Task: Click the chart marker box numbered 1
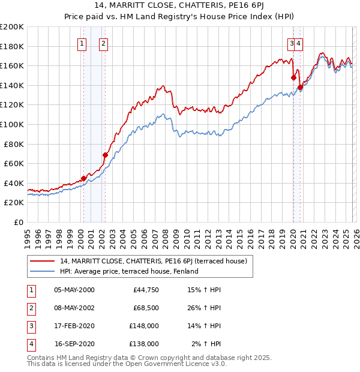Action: click(82, 43)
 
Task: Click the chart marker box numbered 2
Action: click(104, 43)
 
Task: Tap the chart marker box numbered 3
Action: click(291, 43)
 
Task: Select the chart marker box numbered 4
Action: click(298, 43)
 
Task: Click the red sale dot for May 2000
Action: click(83, 178)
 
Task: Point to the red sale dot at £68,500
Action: click(105, 155)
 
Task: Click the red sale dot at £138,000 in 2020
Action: click(300, 87)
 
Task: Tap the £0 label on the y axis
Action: click(18, 222)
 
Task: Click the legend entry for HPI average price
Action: click(129, 271)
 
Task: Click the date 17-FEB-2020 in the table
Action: click(74, 326)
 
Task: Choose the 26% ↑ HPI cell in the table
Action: click(205, 308)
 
